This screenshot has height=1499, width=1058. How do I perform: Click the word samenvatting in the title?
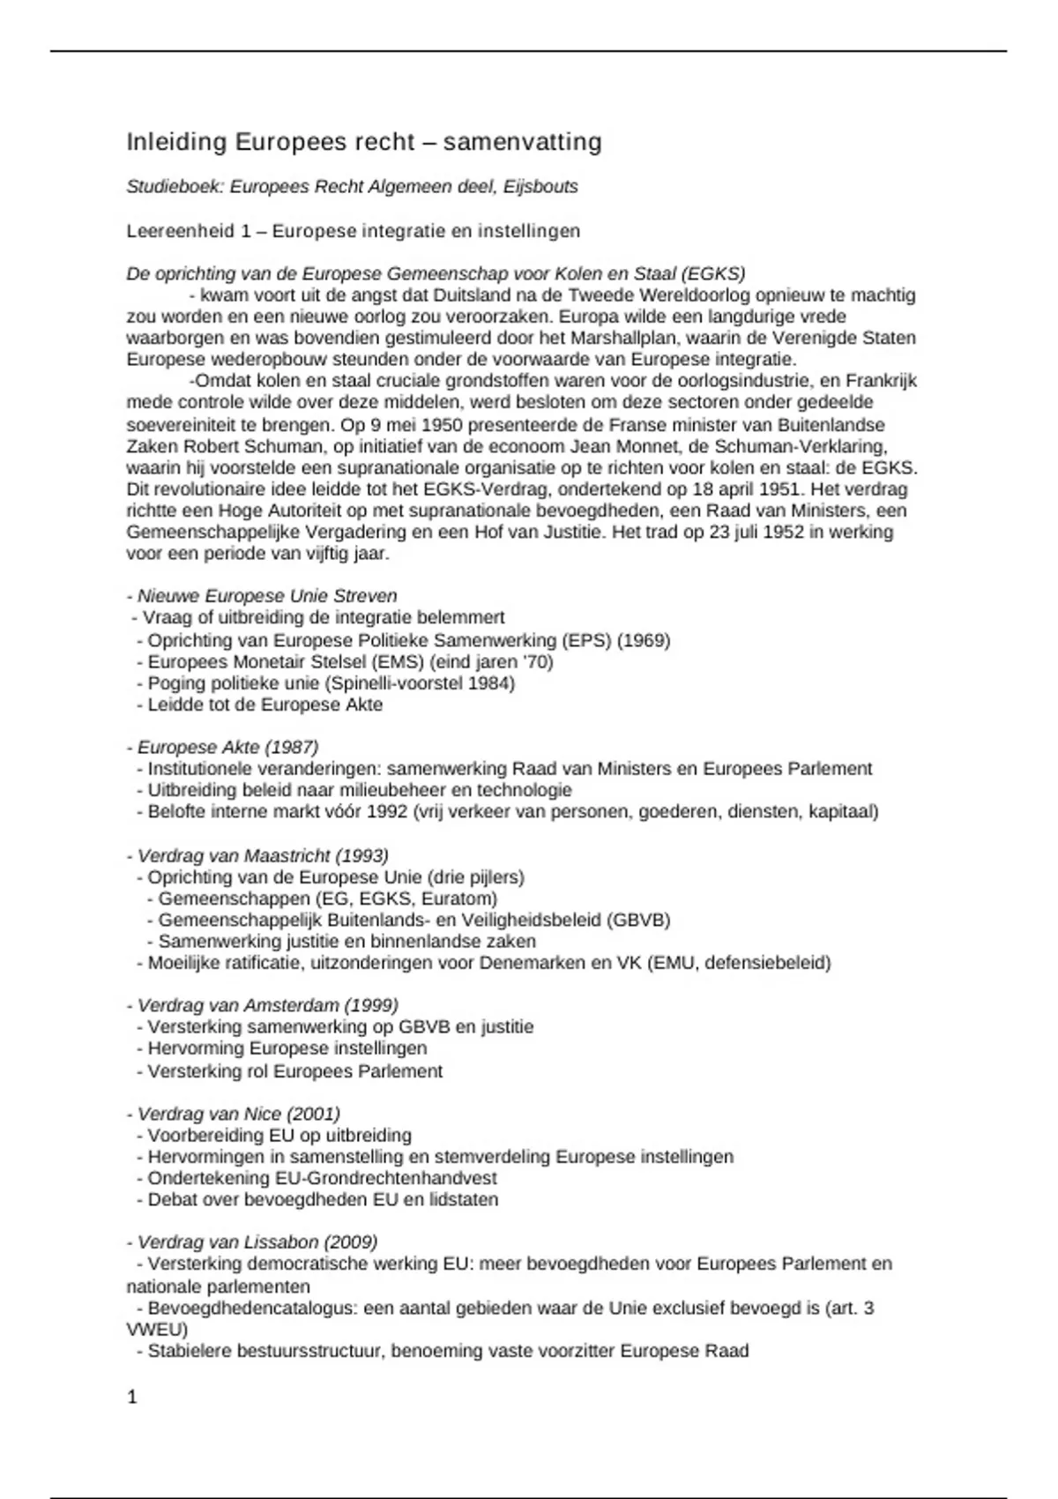pyautogui.click(x=522, y=142)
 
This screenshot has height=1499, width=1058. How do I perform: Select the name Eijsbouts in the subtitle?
pyautogui.click(x=540, y=186)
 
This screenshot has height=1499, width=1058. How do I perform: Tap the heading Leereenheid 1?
pyautogui.click(x=194, y=231)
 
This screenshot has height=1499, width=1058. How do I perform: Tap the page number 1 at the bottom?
pyautogui.click(x=132, y=1397)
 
